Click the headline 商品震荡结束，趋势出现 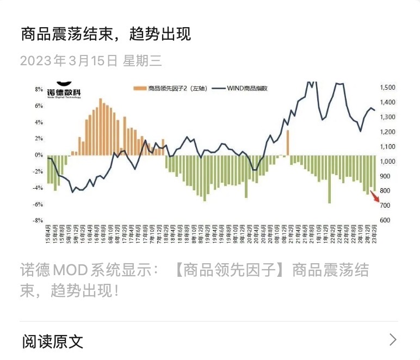coord(106,34)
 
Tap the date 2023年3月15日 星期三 coord(91,60)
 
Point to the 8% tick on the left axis coord(39,89)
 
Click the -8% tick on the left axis coord(39,221)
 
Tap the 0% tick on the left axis coord(39,155)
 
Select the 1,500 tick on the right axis coord(388,88)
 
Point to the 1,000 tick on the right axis coord(388,162)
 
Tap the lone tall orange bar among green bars coord(287,143)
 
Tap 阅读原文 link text coord(53,342)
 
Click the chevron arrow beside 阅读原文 coord(393,340)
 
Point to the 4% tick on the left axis coord(39,122)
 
